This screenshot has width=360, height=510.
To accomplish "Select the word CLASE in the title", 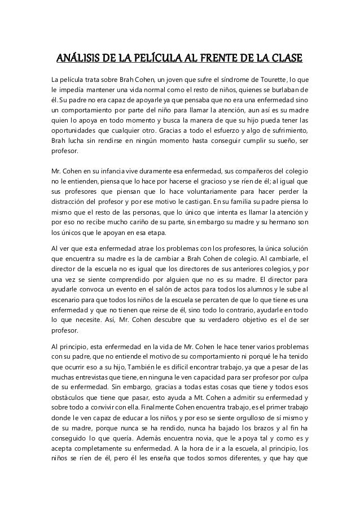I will click(283, 59).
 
